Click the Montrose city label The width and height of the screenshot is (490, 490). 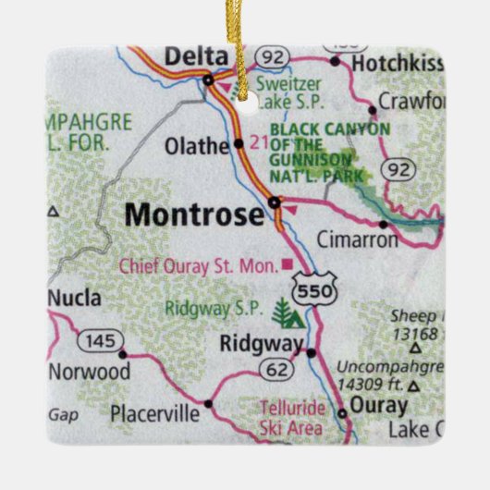click(x=194, y=214)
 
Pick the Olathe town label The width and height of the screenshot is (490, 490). click(x=197, y=145)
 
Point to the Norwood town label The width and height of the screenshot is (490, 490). click(x=90, y=372)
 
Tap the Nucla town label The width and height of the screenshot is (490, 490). click(x=74, y=299)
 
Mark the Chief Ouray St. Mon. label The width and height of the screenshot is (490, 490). click(x=198, y=266)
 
